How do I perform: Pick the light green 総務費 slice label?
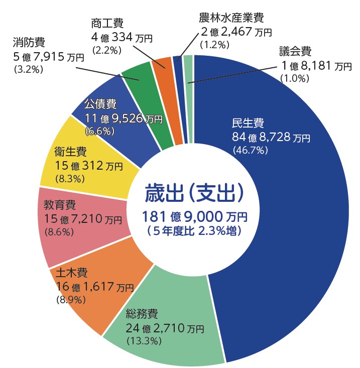[x=142, y=315]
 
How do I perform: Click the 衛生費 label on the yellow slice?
[x=70, y=151]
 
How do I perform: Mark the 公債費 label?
[x=100, y=104]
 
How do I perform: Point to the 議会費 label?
[x=296, y=51]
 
